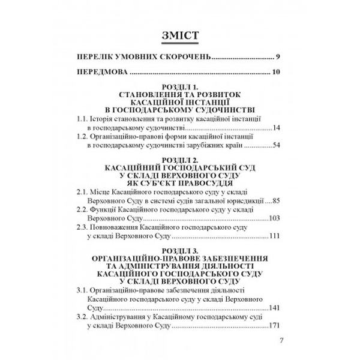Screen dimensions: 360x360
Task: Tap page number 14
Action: point(276,128)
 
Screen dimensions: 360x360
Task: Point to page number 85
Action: point(276,200)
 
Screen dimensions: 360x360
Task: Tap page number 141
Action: point(274,307)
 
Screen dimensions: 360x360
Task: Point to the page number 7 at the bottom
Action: point(281,343)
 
